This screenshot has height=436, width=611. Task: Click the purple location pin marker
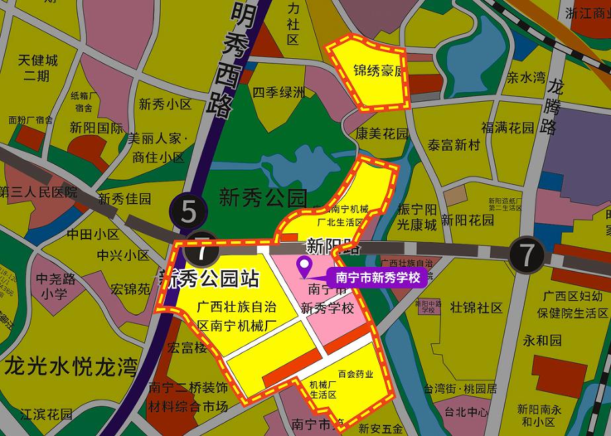click(305, 267)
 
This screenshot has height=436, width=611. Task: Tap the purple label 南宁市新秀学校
click(378, 277)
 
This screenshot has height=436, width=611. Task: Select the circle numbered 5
click(189, 212)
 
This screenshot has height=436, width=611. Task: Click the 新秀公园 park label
click(263, 197)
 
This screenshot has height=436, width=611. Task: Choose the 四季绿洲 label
click(279, 92)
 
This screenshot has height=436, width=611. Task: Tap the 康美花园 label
click(382, 133)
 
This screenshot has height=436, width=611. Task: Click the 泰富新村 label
click(454, 145)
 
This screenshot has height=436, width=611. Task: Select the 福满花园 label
click(508, 127)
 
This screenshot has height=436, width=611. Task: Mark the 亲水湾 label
click(526, 77)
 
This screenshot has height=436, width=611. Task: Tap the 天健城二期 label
click(38, 67)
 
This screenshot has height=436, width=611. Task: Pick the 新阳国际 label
click(97, 128)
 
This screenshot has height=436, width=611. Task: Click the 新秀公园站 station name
click(208, 279)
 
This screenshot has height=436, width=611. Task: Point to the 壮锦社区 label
click(476, 307)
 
